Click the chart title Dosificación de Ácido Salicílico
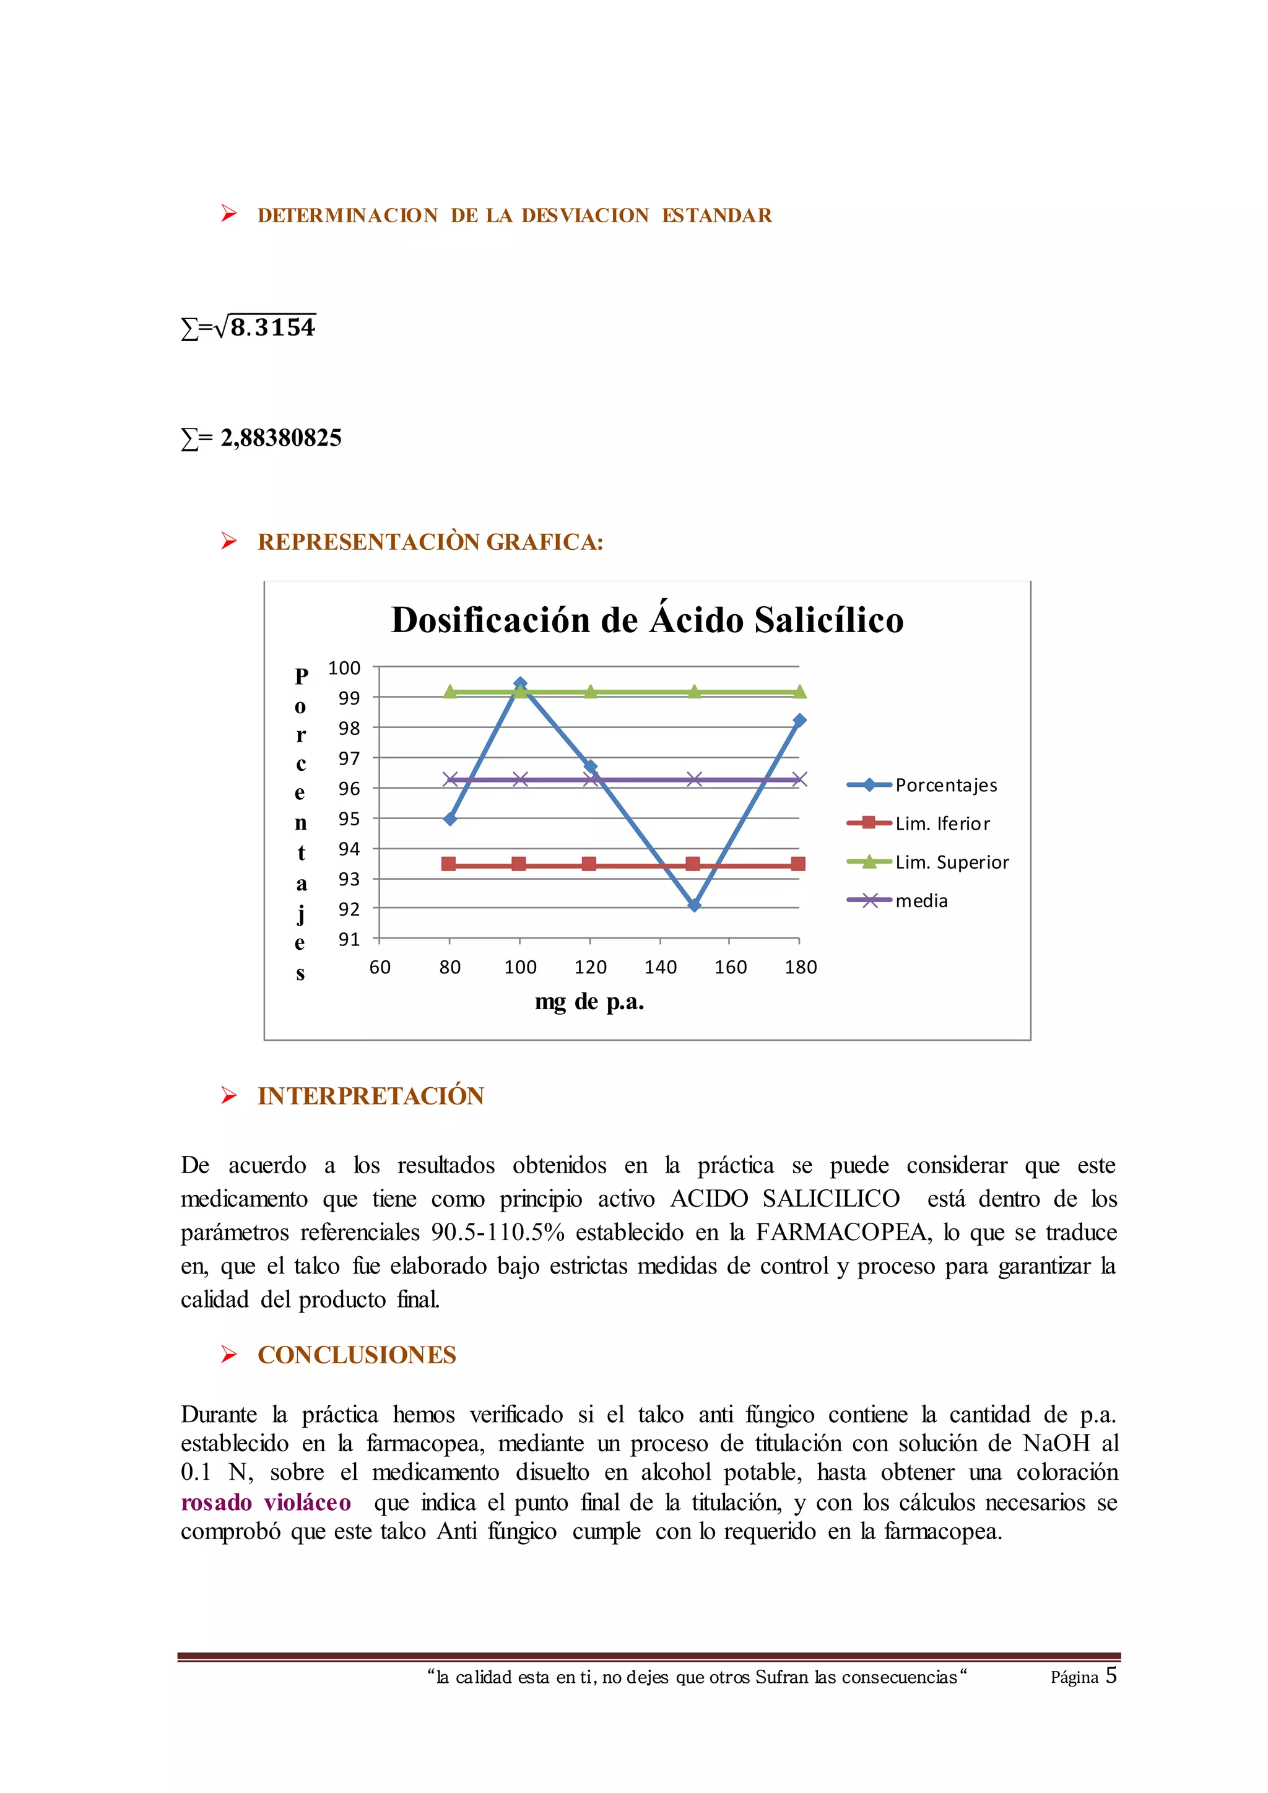647,620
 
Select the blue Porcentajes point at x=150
694,905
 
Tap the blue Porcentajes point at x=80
449,818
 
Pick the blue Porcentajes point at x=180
799,720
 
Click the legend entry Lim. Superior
951,862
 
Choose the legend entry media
921,900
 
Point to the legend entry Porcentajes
945,785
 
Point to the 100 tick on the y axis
344,667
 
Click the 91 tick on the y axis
349,939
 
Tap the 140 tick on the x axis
661,967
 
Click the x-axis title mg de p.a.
589,1002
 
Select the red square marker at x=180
798,863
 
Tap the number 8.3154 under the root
273,327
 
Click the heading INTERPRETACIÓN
371,1096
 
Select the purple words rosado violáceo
266,1502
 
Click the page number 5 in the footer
1111,1675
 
